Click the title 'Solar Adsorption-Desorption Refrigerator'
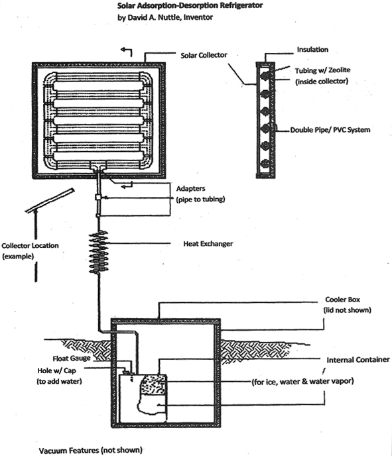pos(190,5)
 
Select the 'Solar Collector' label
pos(204,55)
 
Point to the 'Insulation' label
pos(312,50)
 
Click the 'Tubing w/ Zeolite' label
pos(322,70)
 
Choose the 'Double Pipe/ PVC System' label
pos(330,130)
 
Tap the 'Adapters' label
pos(190,188)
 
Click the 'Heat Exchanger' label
pos(208,244)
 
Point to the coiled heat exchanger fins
pos(99,252)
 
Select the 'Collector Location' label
pos(30,245)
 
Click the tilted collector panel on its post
pos(50,200)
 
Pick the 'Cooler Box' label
pos(342,300)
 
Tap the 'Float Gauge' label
pos(72,359)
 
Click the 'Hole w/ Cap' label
pos(56,370)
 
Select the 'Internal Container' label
pos(358,360)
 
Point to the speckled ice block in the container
pos(153,384)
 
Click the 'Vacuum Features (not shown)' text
pos(90,450)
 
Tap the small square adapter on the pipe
pos(98,198)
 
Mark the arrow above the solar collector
pos(127,52)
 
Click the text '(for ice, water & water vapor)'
pos(302,381)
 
